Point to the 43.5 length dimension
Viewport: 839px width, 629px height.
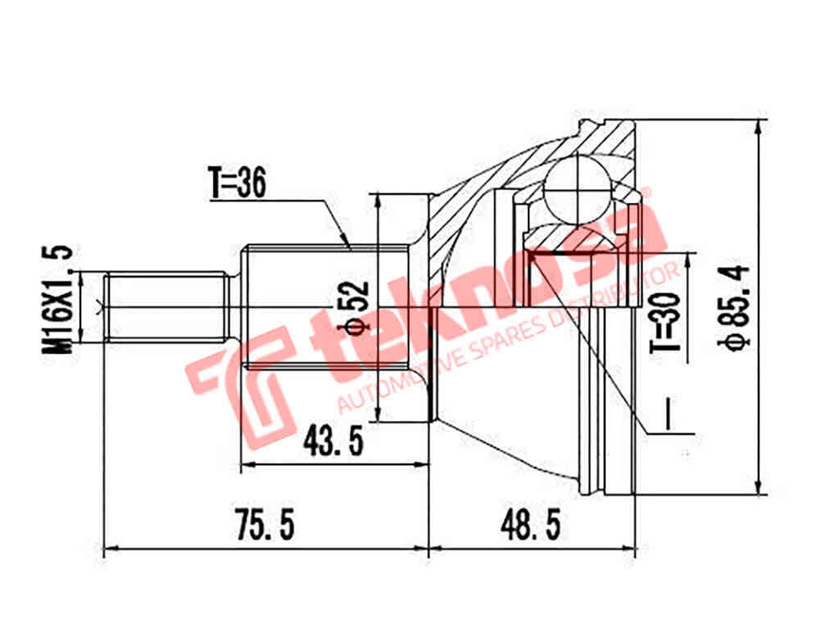pos(333,442)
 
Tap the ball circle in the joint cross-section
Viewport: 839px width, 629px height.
pos(578,188)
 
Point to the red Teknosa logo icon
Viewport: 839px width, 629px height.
pos(240,381)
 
